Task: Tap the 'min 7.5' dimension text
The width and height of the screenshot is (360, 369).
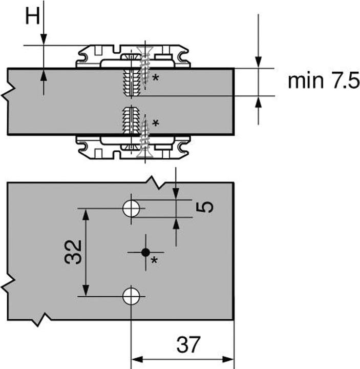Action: (x=324, y=81)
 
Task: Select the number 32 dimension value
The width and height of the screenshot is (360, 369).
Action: (x=73, y=252)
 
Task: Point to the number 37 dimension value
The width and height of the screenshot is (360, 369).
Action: (x=188, y=344)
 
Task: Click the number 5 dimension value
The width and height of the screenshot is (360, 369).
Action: (x=205, y=207)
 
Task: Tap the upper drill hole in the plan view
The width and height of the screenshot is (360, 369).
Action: (x=131, y=209)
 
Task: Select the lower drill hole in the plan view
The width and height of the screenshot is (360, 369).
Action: (x=131, y=296)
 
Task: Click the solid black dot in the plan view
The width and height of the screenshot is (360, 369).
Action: (x=146, y=253)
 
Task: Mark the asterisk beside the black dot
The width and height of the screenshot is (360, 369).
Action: (x=154, y=260)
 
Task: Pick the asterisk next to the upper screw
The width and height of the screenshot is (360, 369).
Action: (x=156, y=77)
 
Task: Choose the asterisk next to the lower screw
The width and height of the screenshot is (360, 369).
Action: (x=156, y=122)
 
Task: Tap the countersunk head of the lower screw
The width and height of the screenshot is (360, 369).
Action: (x=144, y=152)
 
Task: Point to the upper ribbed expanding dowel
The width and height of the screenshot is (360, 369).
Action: (x=132, y=82)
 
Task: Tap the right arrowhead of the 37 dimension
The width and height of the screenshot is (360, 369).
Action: (x=228, y=359)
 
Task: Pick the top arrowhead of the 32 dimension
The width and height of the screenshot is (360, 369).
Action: (x=86, y=214)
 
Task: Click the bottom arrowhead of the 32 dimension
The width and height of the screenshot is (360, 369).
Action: (x=86, y=291)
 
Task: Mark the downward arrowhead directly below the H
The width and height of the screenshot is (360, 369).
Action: (x=44, y=39)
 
